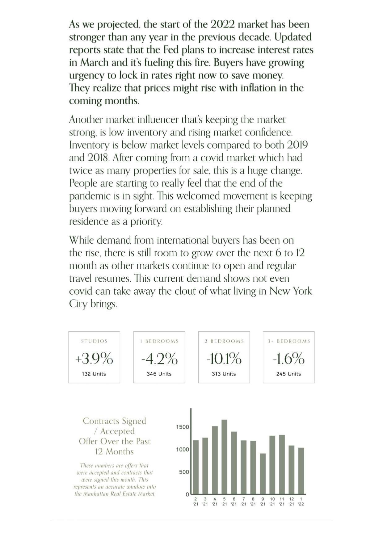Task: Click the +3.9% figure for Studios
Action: coord(94,359)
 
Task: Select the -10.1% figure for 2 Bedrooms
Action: coord(224,359)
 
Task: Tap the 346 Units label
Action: coord(159,374)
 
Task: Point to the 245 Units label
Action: coord(288,374)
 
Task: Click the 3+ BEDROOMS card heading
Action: coord(289,341)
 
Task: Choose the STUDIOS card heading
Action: coord(94,341)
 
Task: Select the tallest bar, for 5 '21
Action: coord(225,457)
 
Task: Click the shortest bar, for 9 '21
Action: coord(263,474)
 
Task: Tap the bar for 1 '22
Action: coord(301,471)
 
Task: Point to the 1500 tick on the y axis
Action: coord(182,427)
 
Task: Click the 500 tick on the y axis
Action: coord(184,472)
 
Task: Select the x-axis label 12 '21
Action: coord(291,501)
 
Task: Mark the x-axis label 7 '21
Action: coord(243,501)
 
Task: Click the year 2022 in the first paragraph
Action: coord(223,24)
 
